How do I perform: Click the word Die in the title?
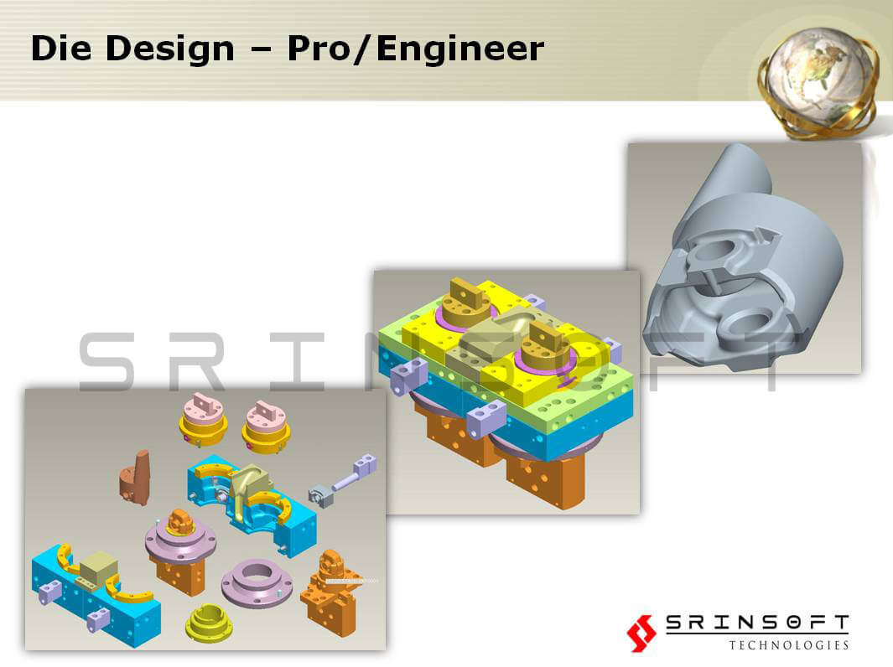(61, 48)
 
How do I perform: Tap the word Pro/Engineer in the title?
(416, 49)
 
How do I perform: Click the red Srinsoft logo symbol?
(641, 633)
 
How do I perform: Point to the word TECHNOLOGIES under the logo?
(789, 645)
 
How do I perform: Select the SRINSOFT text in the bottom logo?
(757, 623)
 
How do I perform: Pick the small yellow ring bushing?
(209, 623)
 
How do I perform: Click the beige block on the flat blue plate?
(99, 567)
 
